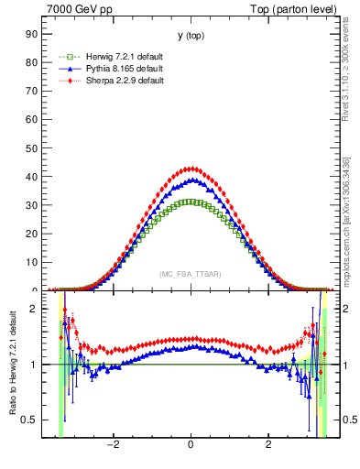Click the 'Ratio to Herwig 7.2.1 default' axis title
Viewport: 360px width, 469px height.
(x=12, y=365)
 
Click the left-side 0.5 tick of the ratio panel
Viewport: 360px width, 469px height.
(x=30, y=420)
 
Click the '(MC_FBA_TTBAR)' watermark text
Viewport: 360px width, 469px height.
(x=190, y=274)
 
